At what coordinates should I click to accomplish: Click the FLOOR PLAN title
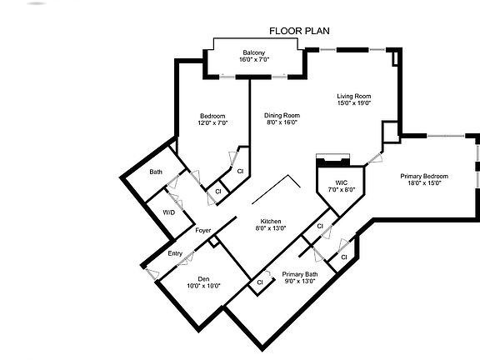(299, 31)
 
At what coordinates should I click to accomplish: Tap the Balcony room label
(253, 52)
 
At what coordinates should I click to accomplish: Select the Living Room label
(354, 96)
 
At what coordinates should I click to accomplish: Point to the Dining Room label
(282, 115)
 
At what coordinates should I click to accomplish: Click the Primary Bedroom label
(424, 176)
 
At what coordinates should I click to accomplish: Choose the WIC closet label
(341, 182)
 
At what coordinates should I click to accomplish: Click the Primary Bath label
(299, 274)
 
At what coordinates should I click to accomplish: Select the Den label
(203, 278)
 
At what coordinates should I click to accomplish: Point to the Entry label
(175, 253)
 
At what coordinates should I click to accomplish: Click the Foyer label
(202, 230)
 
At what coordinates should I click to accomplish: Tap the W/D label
(168, 212)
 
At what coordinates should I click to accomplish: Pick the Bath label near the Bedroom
(156, 172)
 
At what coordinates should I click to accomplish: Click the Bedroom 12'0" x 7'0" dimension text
(212, 122)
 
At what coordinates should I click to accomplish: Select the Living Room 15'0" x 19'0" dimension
(354, 103)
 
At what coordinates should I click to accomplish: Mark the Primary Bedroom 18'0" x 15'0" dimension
(424, 183)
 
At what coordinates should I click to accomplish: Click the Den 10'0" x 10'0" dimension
(203, 286)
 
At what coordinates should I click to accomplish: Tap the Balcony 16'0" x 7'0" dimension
(253, 59)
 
